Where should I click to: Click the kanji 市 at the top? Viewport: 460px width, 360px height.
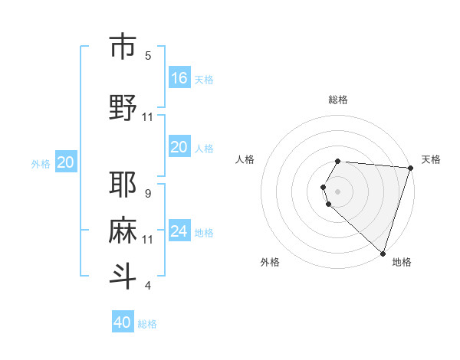click(123, 47)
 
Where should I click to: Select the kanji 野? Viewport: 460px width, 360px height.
click(123, 107)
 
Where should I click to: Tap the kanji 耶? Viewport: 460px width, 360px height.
click(123, 185)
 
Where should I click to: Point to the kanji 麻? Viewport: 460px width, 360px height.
click(123, 231)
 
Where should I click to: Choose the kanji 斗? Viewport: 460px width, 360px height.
click(123, 277)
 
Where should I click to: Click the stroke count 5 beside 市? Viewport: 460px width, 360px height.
click(148, 56)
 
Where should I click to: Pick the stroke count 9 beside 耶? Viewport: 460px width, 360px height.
click(148, 194)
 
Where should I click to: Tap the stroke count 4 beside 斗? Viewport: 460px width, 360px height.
click(148, 286)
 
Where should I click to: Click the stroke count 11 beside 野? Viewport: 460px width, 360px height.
click(148, 116)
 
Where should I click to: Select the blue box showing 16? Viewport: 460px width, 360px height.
click(179, 77)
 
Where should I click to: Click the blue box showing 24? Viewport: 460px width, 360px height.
click(179, 231)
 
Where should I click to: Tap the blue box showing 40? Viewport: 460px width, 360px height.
click(123, 322)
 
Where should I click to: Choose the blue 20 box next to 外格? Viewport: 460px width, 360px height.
click(66, 162)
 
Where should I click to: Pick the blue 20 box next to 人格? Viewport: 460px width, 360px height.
click(179, 147)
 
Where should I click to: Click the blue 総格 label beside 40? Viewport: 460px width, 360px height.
click(148, 324)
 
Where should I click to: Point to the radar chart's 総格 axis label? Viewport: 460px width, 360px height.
click(338, 100)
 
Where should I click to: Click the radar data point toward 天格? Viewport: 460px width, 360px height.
click(410, 168)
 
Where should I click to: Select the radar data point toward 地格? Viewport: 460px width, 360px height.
click(383, 253)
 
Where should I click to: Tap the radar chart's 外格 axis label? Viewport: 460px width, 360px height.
click(270, 263)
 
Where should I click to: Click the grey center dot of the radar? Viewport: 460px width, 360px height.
click(338, 191)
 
